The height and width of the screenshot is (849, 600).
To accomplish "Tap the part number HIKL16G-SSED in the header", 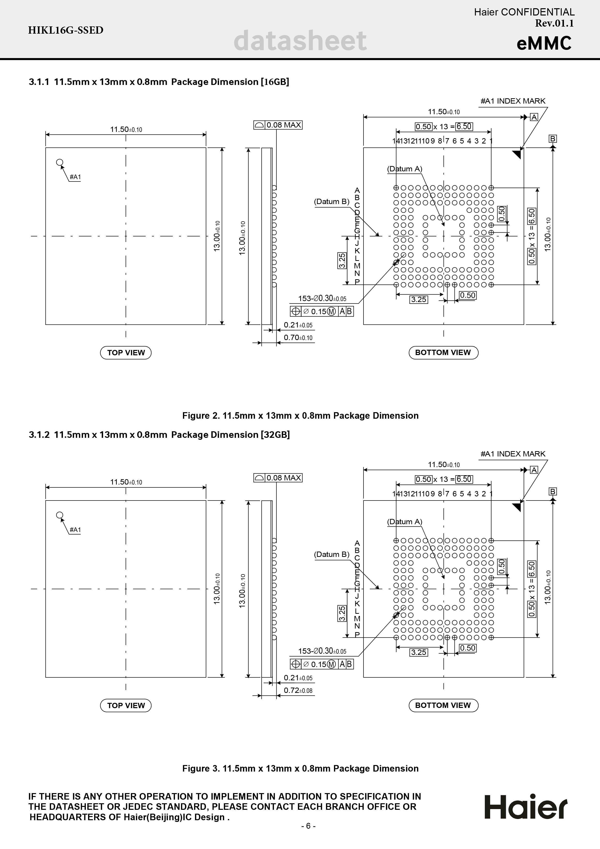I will (66, 30).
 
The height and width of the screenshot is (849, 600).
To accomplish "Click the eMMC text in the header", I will (544, 43).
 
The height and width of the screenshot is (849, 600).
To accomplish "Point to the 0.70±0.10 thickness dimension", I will (298, 338).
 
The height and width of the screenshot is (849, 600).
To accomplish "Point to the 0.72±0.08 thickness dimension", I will (298, 690).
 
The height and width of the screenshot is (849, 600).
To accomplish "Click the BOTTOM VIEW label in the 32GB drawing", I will (443, 705).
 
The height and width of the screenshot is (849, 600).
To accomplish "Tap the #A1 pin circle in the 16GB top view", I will (60, 162).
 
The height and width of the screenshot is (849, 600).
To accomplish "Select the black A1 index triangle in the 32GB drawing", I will (517, 507).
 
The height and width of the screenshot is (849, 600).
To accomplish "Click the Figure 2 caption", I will (300, 416).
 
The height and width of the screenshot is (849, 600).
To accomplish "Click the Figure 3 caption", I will (300, 768).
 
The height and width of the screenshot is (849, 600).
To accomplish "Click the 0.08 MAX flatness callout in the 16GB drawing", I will (278, 125).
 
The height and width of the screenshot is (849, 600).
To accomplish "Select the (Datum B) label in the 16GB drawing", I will (332, 202).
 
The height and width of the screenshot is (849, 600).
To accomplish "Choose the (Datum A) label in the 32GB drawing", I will (404, 522).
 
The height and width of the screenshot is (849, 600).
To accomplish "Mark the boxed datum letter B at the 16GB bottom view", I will (553, 139).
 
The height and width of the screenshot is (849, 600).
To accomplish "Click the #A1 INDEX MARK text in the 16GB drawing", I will (513, 101).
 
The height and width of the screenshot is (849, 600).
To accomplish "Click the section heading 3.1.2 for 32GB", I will (159, 435).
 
